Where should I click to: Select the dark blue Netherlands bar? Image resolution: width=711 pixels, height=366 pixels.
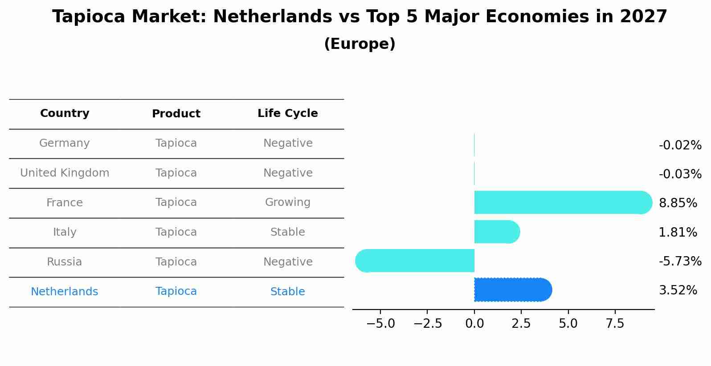click(x=512, y=290)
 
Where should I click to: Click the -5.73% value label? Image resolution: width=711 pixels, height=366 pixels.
click(x=680, y=261)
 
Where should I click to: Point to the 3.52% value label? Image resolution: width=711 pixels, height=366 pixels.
click(x=678, y=290)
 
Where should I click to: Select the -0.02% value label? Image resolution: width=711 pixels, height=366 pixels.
click(x=680, y=145)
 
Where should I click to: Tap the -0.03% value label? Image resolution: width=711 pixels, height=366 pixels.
click(x=680, y=174)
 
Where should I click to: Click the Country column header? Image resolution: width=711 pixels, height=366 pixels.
click(x=65, y=113)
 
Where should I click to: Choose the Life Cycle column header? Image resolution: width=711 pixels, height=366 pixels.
click(x=287, y=113)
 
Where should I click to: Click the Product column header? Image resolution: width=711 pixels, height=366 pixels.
click(x=176, y=114)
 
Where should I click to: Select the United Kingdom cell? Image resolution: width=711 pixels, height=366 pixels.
click(x=65, y=173)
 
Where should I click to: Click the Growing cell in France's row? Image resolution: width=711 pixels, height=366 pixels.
click(x=287, y=202)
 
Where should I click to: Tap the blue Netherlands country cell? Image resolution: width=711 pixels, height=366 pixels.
click(x=65, y=292)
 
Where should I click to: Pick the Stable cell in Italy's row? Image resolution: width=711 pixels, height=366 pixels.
click(x=287, y=232)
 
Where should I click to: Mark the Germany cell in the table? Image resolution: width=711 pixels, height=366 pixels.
click(x=65, y=143)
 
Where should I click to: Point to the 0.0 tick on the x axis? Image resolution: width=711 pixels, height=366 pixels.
click(x=474, y=324)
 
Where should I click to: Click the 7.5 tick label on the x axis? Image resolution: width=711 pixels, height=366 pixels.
click(x=615, y=324)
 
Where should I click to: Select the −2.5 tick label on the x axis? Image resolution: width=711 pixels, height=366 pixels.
click(x=428, y=324)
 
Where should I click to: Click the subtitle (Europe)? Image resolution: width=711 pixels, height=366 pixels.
click(x=360, y=44)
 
